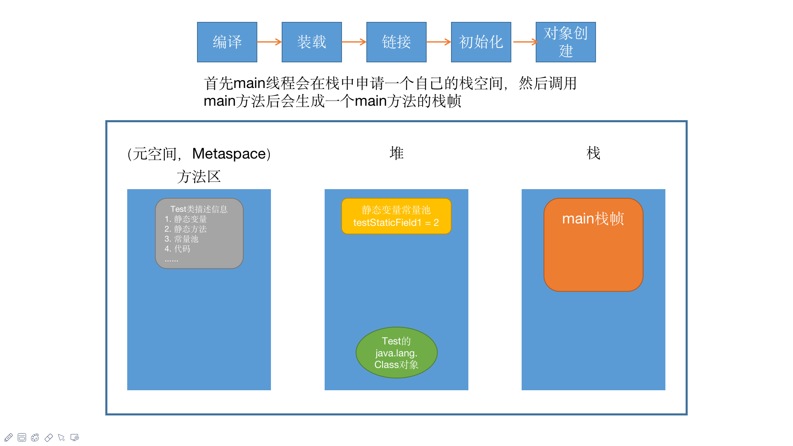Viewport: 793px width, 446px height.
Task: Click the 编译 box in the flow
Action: point(227,42)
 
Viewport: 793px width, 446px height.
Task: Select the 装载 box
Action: point(311,42)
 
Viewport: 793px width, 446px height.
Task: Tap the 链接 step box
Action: point(396,42)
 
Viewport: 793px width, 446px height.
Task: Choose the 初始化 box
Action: point(481,42)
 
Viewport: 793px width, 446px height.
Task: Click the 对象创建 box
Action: point(565,42)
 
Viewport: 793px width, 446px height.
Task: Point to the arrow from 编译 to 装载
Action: point(269,42)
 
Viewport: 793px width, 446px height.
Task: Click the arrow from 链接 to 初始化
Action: point(439,42)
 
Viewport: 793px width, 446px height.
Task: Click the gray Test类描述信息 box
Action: point(199,233)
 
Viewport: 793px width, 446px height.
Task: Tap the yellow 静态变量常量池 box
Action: point(396,216)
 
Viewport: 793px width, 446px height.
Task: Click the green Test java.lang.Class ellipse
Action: point(396,353)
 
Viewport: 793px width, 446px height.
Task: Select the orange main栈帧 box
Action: point(593,244)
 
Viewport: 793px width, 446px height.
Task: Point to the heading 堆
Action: point(396,153)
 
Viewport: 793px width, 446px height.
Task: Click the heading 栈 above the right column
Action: point(593,153)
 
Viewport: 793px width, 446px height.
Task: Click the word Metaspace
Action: point(229,154)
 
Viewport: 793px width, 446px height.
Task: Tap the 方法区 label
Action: point(199,177)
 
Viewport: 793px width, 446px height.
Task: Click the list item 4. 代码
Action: point(178,249)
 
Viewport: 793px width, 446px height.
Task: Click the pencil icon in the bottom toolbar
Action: point(9,437)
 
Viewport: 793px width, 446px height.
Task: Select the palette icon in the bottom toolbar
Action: point(35,437)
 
